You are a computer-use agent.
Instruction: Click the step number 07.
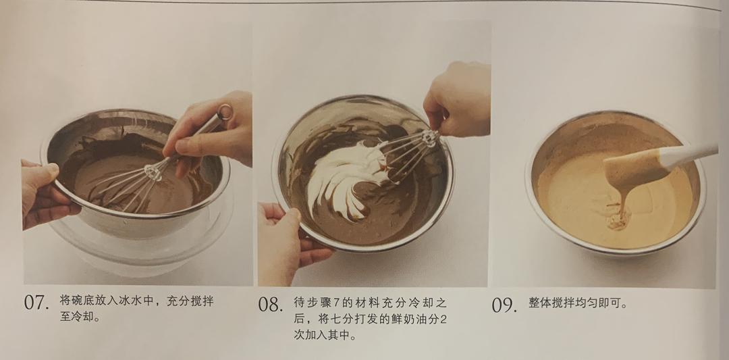(x=36, y=303)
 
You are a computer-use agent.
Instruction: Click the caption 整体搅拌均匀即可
(x=578, y=304)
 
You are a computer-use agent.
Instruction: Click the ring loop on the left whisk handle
(x=225, y=112)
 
